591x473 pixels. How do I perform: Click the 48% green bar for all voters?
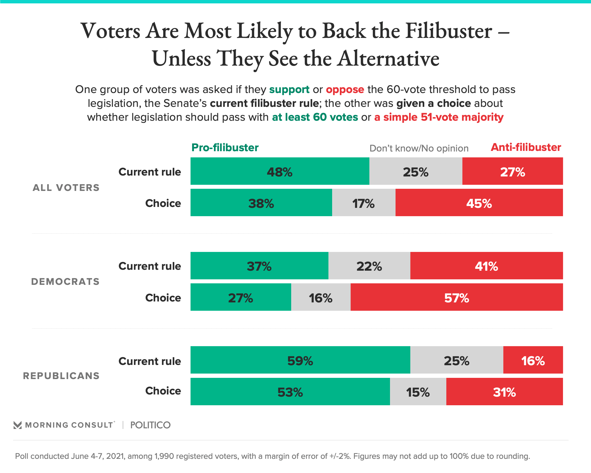click(x=279, y=171)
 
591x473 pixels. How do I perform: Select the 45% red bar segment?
click(x=479, y=203)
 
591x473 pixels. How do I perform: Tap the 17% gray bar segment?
click(x=364, y=203)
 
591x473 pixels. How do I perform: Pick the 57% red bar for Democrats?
click(x=456, y=297)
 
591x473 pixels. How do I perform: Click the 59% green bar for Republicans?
click(x=300, y=360)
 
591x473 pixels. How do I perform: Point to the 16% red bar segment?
click(x=533, y=360)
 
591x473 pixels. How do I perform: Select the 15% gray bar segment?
click(x=418, y=392)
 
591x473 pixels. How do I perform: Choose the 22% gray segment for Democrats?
click(x=369, y=266)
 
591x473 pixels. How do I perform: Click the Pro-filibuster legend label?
click(x=225, y=148)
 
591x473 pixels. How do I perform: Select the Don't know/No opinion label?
click(x=419, y=148)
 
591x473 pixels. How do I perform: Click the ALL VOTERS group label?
click(x=66, y=188)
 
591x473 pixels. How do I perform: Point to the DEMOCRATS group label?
click(x=65, y=281)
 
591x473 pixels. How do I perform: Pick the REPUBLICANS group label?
click(x=61, y=376)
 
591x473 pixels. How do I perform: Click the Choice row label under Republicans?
click(x=163, y=391)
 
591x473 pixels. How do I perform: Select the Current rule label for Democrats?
click(x=150, y=266)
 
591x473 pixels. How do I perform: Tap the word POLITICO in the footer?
click(x=150, y=425)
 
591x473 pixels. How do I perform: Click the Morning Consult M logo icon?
click(x=18, y=425)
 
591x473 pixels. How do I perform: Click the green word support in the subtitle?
click(x=289, y=89)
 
